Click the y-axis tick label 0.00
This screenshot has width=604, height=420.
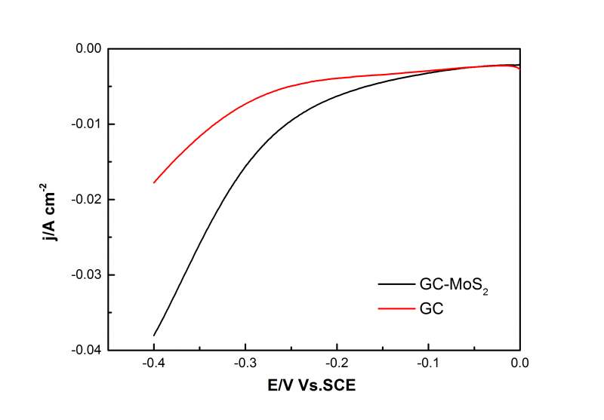click(89, 49)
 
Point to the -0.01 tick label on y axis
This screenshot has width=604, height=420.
click(88, 124)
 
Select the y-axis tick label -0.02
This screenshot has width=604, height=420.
click(88, 200)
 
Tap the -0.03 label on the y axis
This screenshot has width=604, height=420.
click(88, 275)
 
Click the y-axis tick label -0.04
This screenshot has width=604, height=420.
click(88, 351)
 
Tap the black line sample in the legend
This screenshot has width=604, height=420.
click(395, 284)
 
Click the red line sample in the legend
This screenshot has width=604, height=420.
click(395, 308)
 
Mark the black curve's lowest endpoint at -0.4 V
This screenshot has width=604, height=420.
click(154, 336)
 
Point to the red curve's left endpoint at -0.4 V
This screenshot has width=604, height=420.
click(154, 182)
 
